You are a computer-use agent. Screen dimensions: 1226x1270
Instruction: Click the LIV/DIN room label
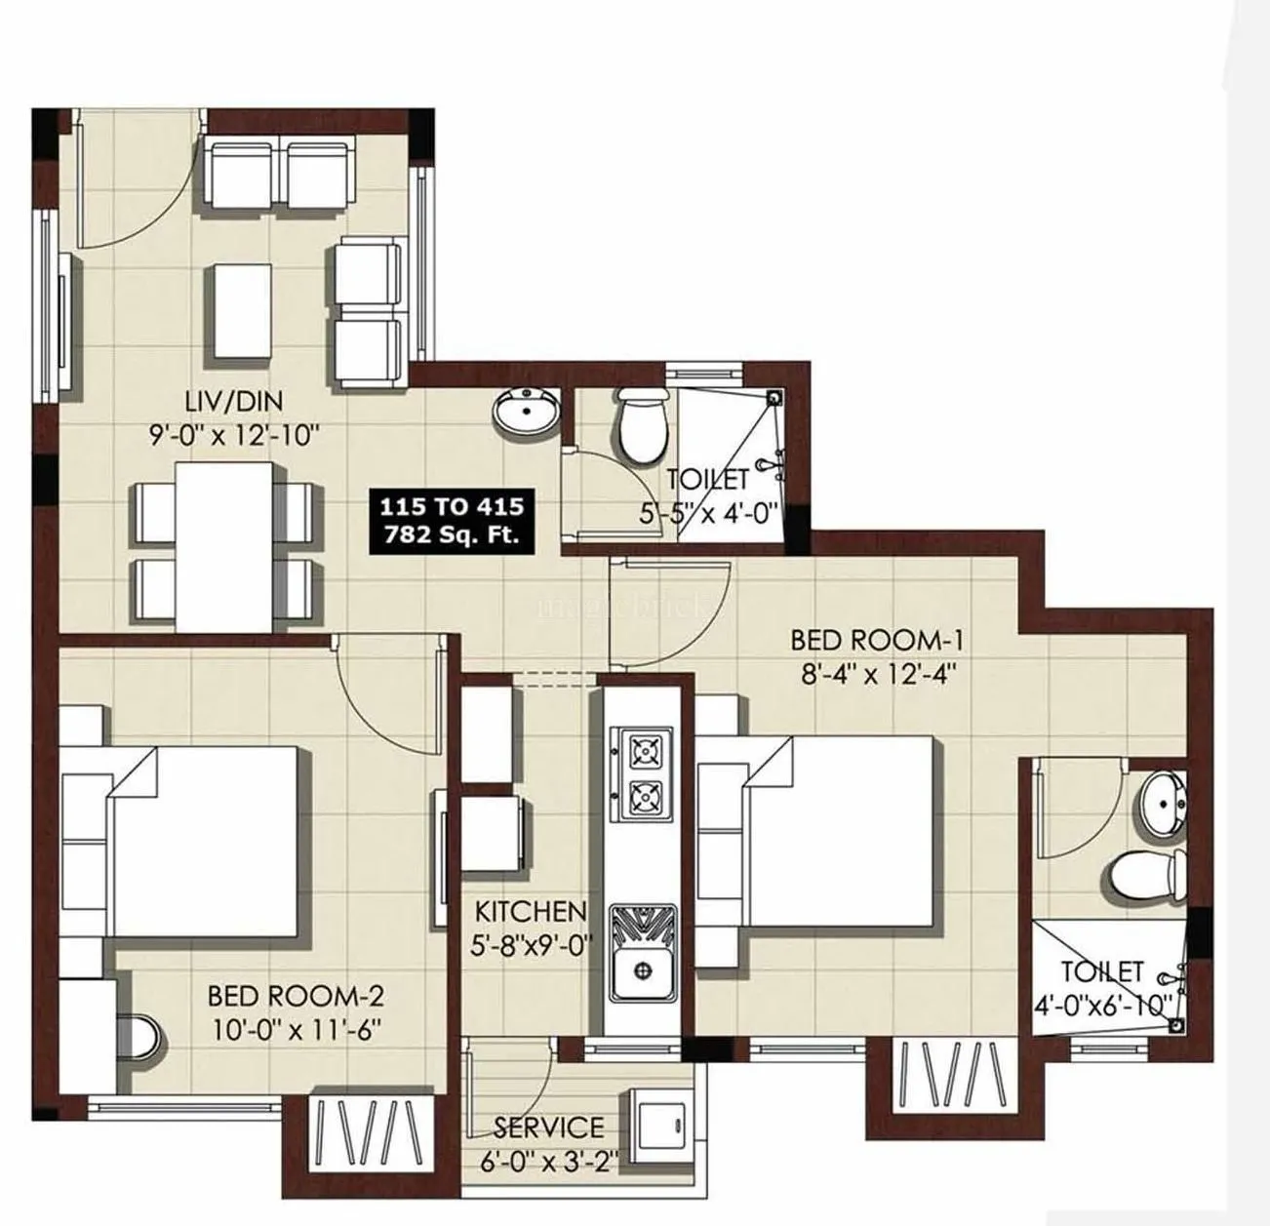click(x=234, y=401)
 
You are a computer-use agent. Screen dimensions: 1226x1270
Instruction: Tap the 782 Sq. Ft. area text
click(x=451, y=534)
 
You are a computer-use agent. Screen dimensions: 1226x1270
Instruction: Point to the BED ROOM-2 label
click(x=295, y=996)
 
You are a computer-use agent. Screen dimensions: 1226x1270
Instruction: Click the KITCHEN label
click(x=531, y=912)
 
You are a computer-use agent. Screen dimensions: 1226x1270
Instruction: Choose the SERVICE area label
click(x=548, y=1127)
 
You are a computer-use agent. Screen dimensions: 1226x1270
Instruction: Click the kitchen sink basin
click(x=642, y=969)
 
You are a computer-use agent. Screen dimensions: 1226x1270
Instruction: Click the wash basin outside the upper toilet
click(x=526, y=411)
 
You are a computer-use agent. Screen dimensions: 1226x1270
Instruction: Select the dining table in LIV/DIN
click(x=224, y=546)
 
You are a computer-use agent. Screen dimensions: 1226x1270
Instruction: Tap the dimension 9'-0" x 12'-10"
click(x=234, y=434)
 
